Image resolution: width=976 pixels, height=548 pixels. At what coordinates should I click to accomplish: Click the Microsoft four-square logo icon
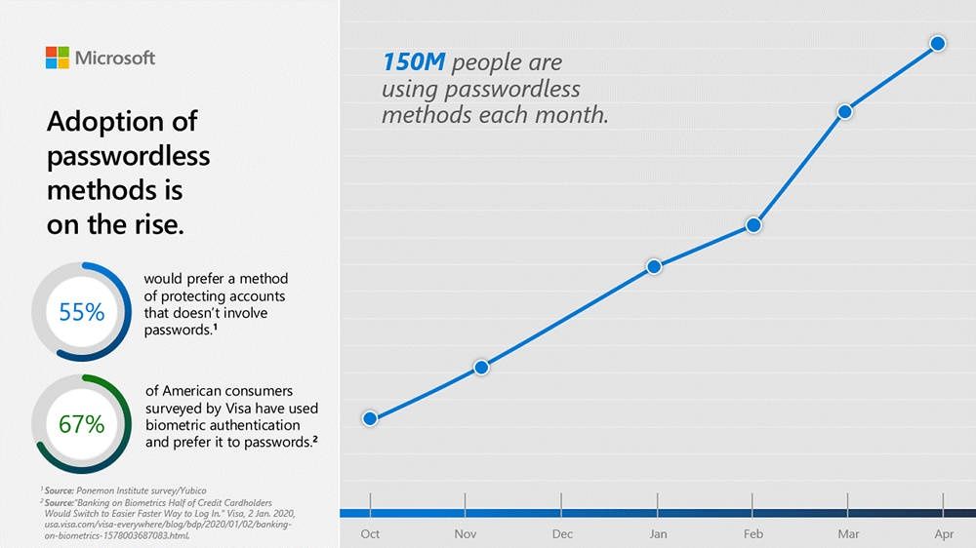click(x=58, y=58)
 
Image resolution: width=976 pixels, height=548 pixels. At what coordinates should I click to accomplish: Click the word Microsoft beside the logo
click(x=115, y=58)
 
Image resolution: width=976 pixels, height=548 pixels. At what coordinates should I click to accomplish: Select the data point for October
click(x=370, y=418)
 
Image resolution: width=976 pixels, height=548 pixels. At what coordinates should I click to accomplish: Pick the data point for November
click(x=481, y=368)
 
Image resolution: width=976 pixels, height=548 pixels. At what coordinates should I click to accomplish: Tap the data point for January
click(x=654, y=267)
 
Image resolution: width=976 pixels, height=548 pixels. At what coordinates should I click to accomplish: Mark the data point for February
click(x=753, y=225)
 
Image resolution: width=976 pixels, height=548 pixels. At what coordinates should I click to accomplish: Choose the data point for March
click(x=844, y=112)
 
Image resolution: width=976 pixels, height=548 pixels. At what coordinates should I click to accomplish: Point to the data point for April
click(x=938, y=44)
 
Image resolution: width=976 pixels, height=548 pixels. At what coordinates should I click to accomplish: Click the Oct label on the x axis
click(x=370, y=533)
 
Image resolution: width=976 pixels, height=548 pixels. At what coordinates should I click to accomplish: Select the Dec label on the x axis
click(x=562, y=533)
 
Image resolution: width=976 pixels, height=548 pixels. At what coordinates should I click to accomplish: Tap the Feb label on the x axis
click(x=753, y=533)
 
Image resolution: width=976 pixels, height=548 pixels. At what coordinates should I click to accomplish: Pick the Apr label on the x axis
click(x=944, y=534)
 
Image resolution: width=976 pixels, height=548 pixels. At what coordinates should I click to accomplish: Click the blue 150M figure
click(x=414, y=62)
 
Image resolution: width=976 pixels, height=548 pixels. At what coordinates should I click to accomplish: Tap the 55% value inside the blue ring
click(x=82, y=312)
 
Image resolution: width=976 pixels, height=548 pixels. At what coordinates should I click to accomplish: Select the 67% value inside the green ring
click(x=82, y=424)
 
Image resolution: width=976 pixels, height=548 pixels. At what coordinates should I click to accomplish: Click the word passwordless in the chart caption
click(x=512, y=89)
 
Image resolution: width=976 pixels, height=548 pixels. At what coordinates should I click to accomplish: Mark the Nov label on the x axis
click(x=465, y=533)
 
